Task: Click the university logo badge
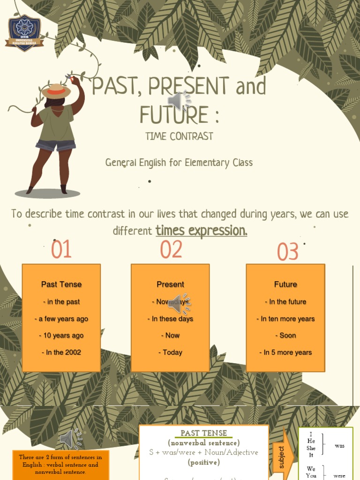24,32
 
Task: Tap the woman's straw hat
56,90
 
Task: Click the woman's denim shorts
55,145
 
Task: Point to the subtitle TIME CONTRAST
179,136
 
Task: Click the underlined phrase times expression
201,231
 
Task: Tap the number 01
61,249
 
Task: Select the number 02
171,249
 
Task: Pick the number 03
287,252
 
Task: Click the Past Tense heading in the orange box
61,284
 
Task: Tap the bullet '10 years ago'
61,336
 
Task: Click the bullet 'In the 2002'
61,352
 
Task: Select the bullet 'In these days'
170,319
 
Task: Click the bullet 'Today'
170,352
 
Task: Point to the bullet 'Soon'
285,336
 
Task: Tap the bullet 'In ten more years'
285,319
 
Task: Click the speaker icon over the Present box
179,303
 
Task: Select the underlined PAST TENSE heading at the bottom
204,433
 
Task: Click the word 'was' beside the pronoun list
339,446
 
